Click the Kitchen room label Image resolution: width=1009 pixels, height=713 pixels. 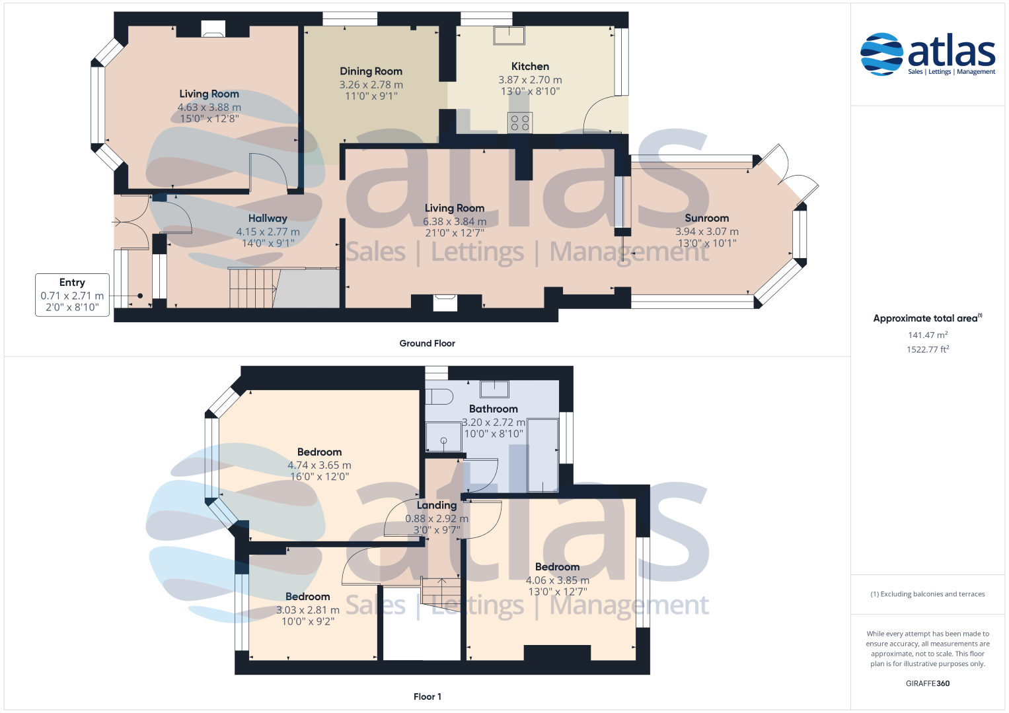click(530, 67)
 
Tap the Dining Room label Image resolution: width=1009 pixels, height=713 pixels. click(371, 71)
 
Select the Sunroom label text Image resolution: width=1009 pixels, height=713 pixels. click(706, 219)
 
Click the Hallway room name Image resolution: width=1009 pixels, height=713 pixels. click(268, 219)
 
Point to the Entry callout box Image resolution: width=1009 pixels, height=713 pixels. click(72, 295)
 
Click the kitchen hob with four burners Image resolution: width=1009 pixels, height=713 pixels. click(520, 123)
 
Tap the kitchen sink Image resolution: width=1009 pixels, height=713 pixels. click(509, 36)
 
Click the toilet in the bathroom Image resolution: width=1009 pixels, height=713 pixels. click(439, 396)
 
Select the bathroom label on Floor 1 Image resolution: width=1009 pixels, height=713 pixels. click(493, 409)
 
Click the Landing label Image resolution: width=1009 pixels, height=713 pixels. click(436, 506)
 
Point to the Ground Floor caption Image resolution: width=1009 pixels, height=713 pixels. click(427, 343)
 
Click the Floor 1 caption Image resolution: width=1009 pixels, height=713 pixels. click(427, 696)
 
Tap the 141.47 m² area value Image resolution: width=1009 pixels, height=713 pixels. click(928, 335)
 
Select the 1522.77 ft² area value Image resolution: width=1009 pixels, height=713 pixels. click(928, 349)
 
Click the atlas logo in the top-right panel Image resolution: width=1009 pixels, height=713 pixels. click(928, 54)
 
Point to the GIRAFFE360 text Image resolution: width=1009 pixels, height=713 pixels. click(928, 683)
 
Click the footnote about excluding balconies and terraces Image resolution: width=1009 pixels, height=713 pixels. click(928, 594)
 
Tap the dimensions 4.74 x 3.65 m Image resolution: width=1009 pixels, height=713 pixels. click(319, 465)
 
